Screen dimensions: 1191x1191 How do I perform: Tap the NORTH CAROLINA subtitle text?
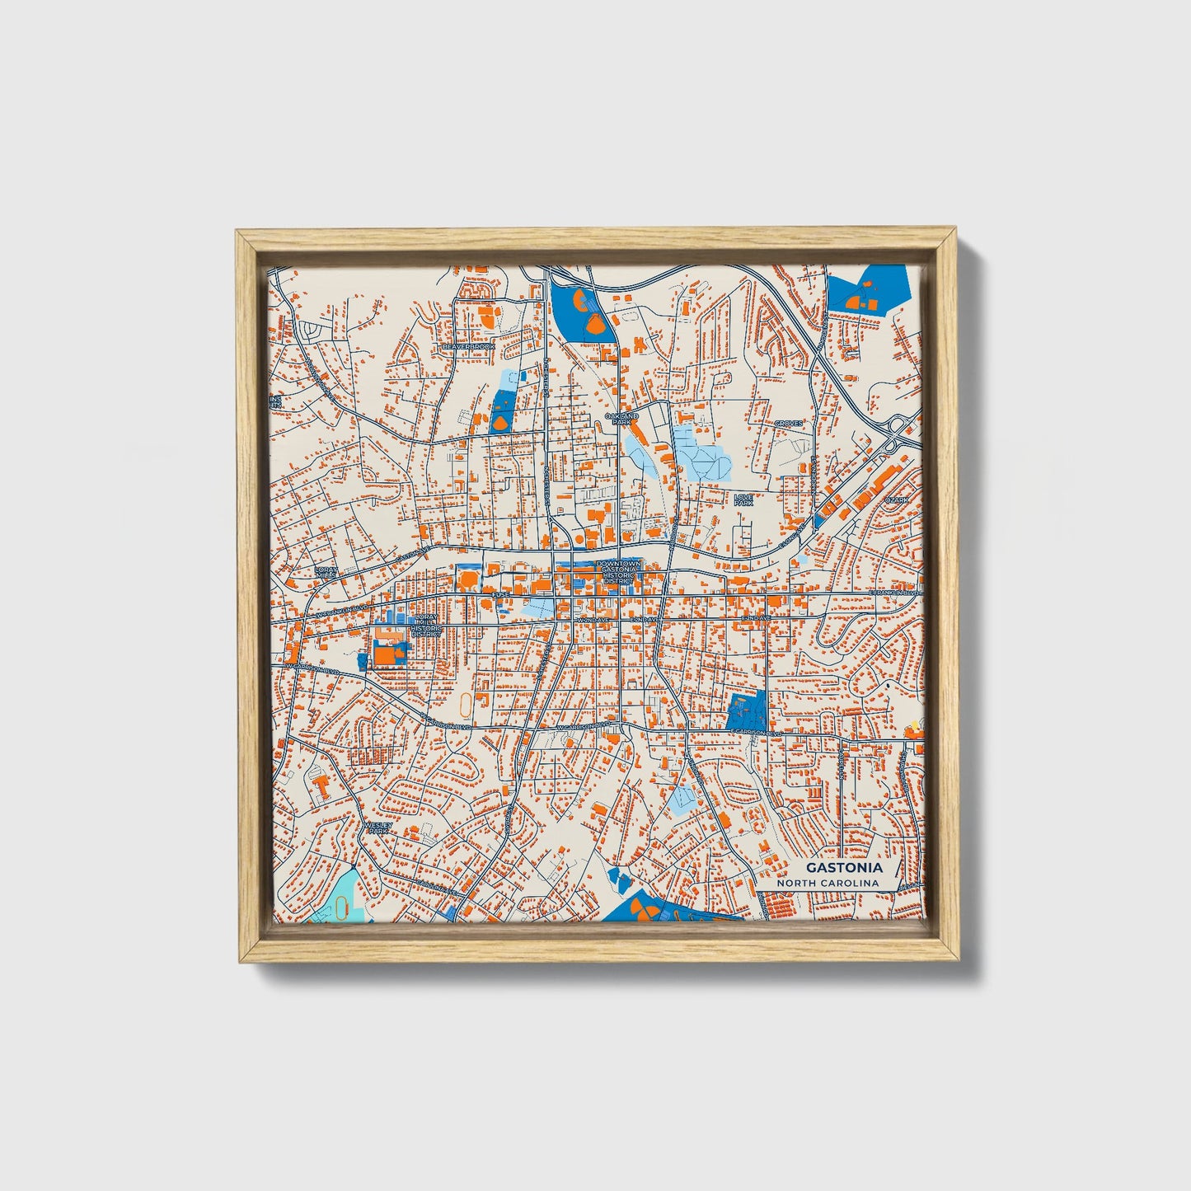832,883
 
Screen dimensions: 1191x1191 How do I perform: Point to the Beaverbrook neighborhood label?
469,347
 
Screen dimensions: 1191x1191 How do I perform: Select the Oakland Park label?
621,420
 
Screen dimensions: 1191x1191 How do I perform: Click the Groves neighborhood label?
788,424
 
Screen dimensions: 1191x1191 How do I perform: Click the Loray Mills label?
326,573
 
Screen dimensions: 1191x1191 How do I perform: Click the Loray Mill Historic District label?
427,624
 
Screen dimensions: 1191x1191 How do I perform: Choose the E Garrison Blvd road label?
755,732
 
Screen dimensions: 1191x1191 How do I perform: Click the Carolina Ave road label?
436,887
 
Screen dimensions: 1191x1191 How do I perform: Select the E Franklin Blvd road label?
893,593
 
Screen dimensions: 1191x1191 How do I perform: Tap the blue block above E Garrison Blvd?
748,710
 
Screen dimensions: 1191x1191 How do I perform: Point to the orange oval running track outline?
467,706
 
